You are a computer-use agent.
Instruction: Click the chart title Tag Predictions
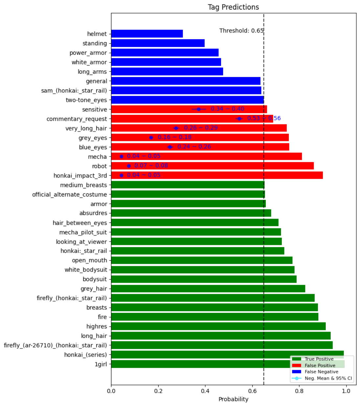(233, 7)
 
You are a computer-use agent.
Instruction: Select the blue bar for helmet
(147, 34)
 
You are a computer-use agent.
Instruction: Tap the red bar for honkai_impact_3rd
(217, 176)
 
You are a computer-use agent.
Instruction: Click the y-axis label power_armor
(88, 53)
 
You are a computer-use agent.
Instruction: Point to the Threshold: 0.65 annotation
(241, 31)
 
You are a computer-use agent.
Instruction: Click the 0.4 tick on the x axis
(205, 391)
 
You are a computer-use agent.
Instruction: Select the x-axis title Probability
(233, 399)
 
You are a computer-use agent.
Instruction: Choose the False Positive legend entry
(320, 366)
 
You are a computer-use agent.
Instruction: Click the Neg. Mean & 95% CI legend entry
(328, 378)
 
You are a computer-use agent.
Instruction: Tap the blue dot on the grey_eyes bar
(151, 137)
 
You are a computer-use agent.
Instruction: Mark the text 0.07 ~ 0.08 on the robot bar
(151, 166)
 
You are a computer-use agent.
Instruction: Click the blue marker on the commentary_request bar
(239, 119)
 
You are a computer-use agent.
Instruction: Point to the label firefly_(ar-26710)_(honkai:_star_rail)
(55, 345)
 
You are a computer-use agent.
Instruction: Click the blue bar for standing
(158, 43)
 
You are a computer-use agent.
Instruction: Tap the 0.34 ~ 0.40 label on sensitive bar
(227, 109)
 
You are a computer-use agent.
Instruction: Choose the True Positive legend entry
(319, 359)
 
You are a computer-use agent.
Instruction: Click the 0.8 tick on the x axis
(299, 391)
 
